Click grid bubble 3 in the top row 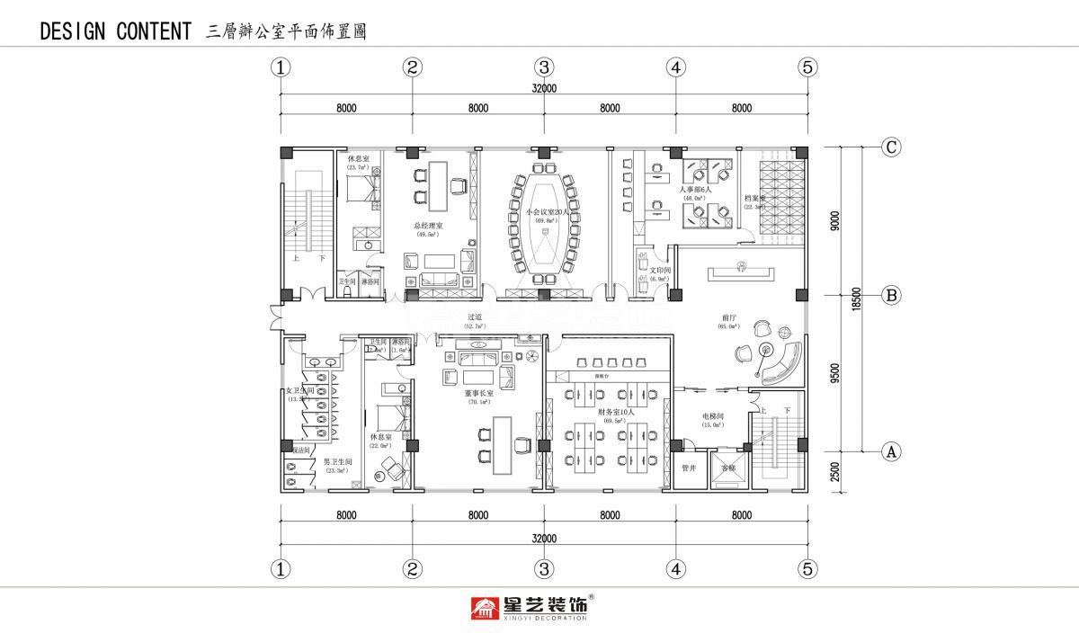[x=544, y=67]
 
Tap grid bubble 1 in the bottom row [x=282, y=568]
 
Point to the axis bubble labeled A [x=890, y=451]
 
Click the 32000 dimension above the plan [x=544, y=88]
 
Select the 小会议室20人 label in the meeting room [x=544, y=212]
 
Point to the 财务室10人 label [x=616, y=412]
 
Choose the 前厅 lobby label [x=729, y=317]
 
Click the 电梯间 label [x=715, y=416]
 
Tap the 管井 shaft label [x=689, y=468]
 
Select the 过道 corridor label [x=475, y=317]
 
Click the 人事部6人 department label [x=695, y=191]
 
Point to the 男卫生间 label [x=337, y=461]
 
